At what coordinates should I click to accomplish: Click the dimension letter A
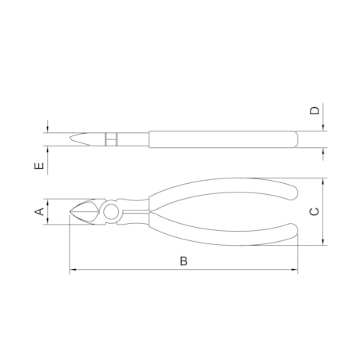39,211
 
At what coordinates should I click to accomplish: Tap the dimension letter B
184,261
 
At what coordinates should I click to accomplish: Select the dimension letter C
314,211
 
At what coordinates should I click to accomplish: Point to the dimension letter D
315,110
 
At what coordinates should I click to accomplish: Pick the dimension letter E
39,166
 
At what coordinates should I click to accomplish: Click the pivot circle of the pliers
111,212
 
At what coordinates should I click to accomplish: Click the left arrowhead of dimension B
73,269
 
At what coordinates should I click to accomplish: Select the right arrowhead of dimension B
294,269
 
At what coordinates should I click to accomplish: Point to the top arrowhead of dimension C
323,182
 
